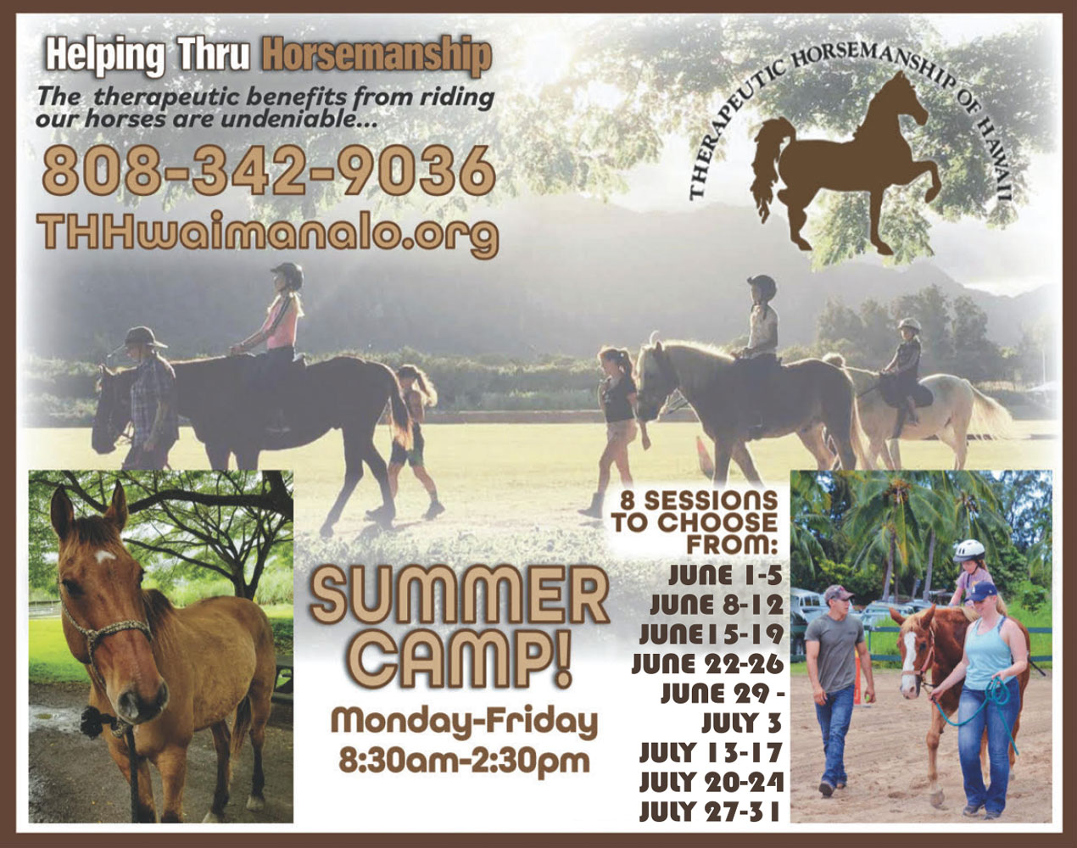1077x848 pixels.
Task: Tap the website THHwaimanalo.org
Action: [268, 232]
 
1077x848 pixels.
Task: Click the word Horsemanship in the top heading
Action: [377, 54]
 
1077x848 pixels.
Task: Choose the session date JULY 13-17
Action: [711, 752]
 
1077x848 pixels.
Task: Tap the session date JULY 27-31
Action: [711, 810]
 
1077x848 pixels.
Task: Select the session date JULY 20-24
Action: [711, 781]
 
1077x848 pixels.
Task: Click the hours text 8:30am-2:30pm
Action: [463, 757]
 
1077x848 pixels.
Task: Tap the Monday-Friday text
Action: [464, 722]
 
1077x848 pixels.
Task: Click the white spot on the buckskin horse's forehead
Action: [105, 557]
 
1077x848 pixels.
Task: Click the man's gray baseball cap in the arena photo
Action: [837, 594]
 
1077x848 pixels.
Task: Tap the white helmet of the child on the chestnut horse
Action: [968, 550]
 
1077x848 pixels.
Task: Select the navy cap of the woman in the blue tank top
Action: [983, 590]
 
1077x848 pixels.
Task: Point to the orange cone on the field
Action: [701, 449]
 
